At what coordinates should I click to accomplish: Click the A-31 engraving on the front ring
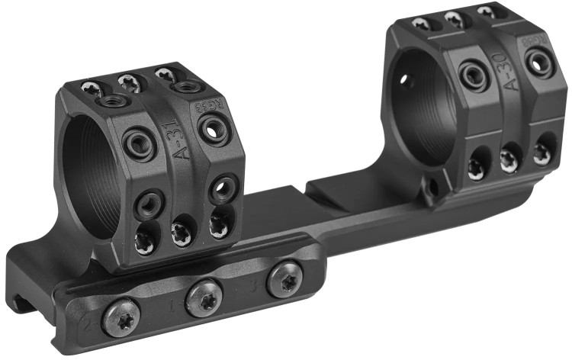[x=182, y=137]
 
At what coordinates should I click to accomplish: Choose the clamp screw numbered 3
[x=284, y=279]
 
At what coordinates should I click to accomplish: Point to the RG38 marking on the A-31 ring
[x=215, y=108]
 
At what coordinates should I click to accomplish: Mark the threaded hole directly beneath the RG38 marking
[x=213, y=130]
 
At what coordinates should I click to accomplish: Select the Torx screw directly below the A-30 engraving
[x=509, y=158]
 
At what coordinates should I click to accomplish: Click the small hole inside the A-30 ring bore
[x=405, y=79]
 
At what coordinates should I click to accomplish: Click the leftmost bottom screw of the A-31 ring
[x=144, y=242]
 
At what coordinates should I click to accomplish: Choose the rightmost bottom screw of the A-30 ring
[x=542, y=153]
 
